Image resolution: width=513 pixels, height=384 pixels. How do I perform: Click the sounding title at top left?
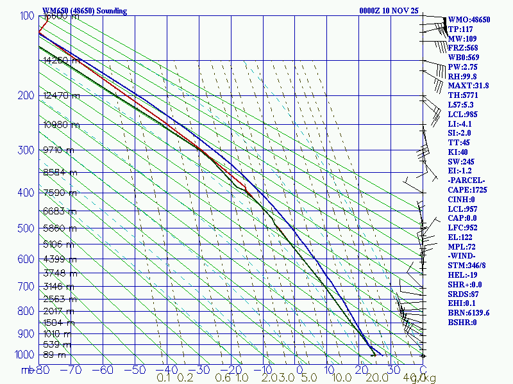(x=85, y=11)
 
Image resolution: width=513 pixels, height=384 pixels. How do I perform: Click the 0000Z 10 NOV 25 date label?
(x=389, y=11)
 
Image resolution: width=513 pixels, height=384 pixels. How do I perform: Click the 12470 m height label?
(x=62, y=96)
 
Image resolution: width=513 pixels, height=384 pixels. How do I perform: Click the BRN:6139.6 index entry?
(x=469, y=313)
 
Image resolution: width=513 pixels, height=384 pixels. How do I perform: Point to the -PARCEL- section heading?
(x=467, y=180)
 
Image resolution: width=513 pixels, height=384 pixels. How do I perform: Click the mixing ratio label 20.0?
(x=372, y=378)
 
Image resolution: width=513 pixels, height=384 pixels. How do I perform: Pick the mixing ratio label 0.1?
(x=164, y=378)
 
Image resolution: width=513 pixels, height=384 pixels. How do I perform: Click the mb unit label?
(x=27, y=369)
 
